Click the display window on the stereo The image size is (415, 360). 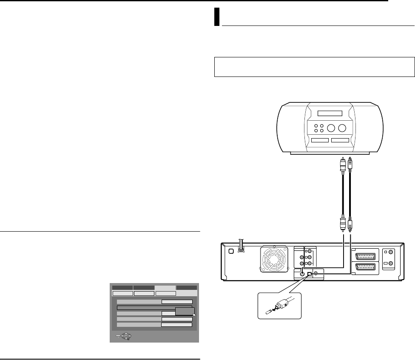pos(330,102)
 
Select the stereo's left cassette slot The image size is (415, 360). pos(320,140)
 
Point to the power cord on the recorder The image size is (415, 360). pos(241,246)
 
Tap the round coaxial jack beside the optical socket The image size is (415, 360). pos(303,274)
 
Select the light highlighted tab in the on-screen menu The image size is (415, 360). pos(165,288)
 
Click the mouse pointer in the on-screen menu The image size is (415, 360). pos(194,315)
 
